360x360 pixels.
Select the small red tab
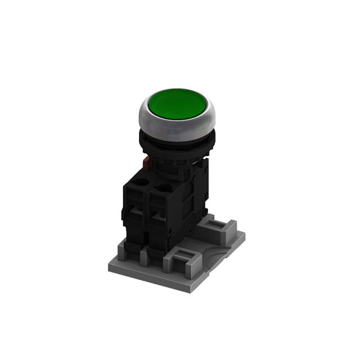click(x=146, y=163)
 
